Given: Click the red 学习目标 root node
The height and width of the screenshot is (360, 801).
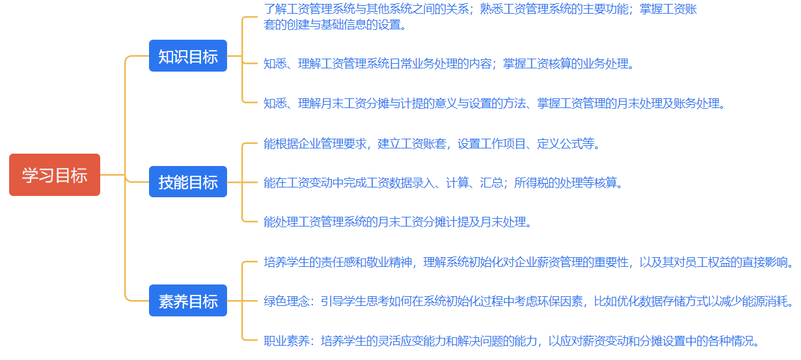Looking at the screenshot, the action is [55, 175].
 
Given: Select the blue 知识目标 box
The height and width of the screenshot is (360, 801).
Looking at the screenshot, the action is [188, 56].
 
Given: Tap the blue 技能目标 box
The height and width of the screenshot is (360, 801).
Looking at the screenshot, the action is [188, 182].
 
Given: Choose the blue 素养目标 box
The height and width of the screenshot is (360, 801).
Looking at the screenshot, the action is [188, 301].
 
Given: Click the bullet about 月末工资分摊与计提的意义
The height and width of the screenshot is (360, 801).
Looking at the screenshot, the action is [494, 103].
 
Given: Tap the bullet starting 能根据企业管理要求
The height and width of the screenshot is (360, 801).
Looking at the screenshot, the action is [431, 144].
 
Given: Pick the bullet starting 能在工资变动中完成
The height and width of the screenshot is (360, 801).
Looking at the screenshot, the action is [443, 183].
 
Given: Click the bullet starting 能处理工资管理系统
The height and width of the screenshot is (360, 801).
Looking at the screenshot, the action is [398, 222].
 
